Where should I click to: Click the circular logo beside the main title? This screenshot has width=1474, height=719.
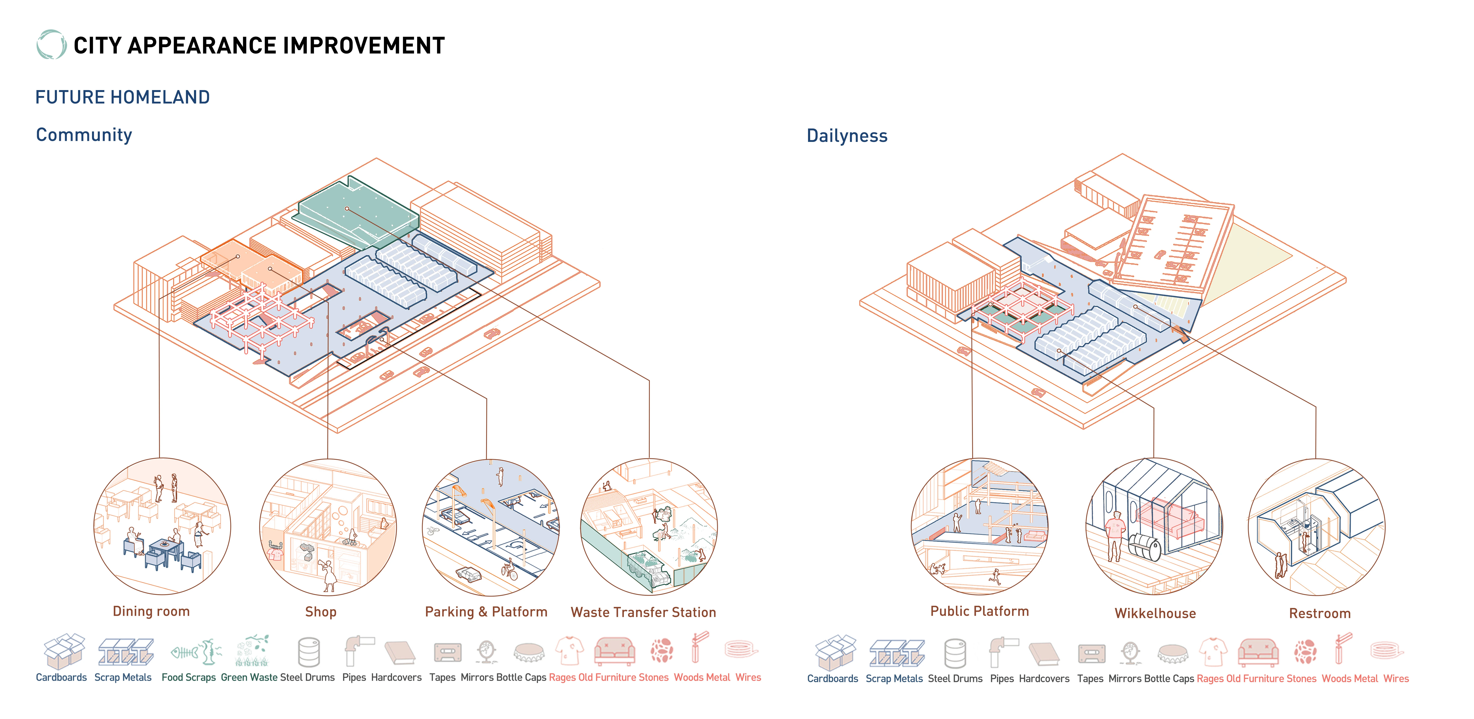51,45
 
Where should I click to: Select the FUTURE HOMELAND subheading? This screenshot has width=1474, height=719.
122,97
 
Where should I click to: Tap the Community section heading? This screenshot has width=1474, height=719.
84,135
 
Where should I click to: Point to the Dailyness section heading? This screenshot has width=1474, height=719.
847,136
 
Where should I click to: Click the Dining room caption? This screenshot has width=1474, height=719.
151,611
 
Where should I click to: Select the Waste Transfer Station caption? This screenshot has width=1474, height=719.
643,613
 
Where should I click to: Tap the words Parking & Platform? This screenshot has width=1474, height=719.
486,612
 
